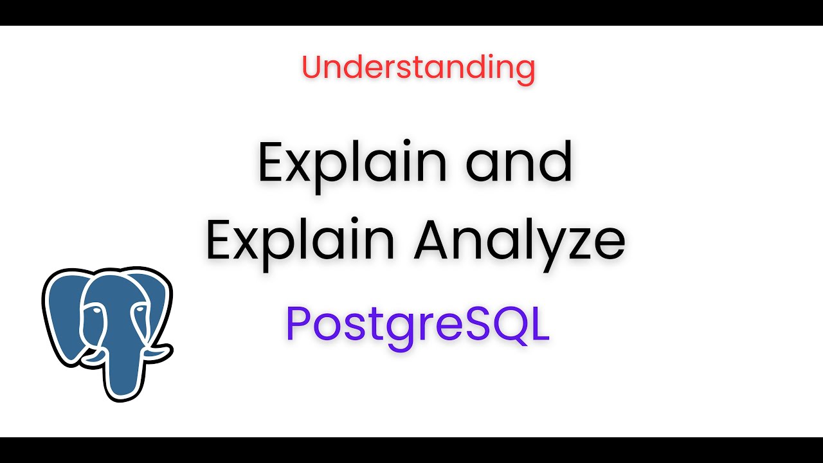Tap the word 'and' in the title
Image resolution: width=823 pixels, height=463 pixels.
pos(520,162)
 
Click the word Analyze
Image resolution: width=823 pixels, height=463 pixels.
pos(520,242)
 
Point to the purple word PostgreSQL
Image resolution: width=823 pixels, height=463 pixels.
pos(418,324)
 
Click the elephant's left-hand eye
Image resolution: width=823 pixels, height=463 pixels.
pos(95,311)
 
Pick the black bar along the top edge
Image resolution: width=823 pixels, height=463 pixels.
pos(411,12)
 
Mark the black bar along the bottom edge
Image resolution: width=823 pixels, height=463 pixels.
pos(411,450)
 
